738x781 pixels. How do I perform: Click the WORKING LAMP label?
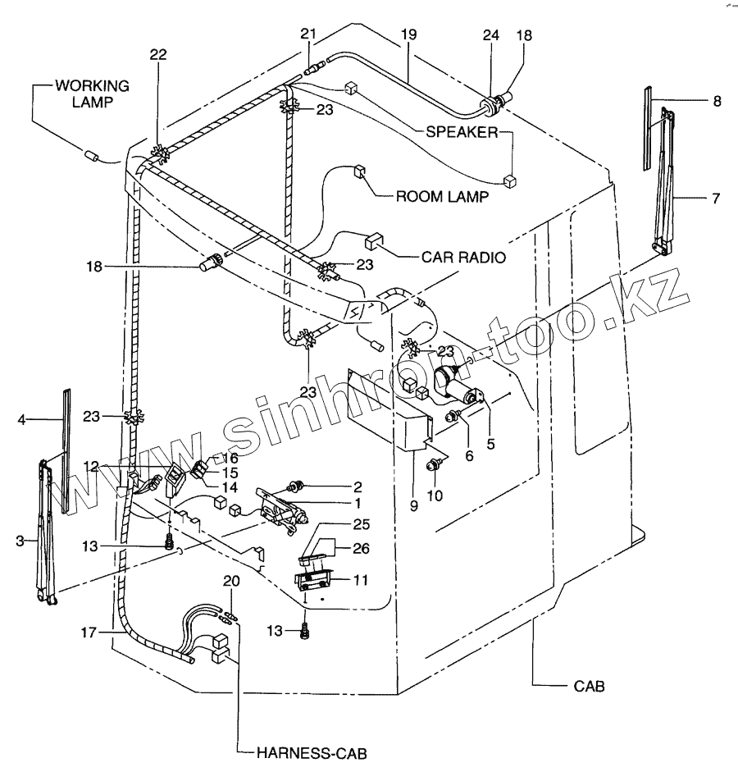click(91, 93)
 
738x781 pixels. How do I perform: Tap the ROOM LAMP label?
click(442, 197)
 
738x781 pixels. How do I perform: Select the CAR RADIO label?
click(463, 256)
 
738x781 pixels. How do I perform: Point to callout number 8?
click(717, 102)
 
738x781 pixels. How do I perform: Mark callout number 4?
click(23, 420)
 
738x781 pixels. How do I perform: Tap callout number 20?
click(232, 581)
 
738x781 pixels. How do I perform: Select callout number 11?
click(361, 579)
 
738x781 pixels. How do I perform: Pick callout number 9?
click(413, 506)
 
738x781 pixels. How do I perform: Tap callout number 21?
click(307, 34)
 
